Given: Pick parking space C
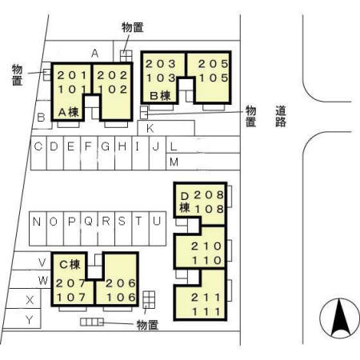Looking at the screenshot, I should pyautogui.click(x=38, y=146).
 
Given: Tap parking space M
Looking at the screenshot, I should pyautogui.click(x=174, y=162).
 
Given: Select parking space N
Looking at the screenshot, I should pyautogui.click(x=36, y=221).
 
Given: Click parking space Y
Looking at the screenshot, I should pyautogui.click(x=30, y=320).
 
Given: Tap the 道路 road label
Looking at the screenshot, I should pyautogui.click(x=281, y=117).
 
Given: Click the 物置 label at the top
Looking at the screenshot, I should pyautogui.click(x=133, y=27).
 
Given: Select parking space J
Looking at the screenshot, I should pyautogui.click(x=155, y=146).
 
